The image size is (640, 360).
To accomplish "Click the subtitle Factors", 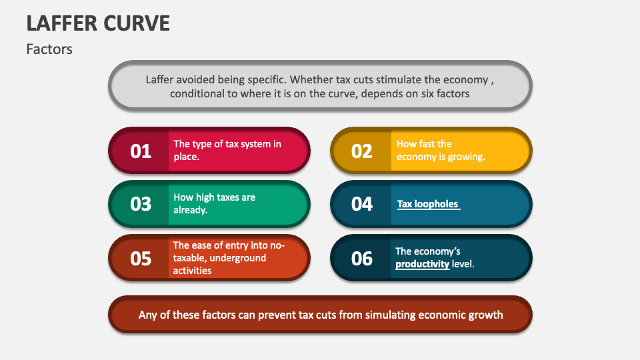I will (x=49, y=49).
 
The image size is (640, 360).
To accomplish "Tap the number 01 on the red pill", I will (x=141, y=151).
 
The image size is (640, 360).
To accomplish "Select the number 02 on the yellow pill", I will (x=362, y=151).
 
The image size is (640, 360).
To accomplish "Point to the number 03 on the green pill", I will (x=141, y=204).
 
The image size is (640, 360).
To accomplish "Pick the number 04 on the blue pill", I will (x=362, y=204).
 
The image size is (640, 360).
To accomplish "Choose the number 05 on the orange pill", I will (x=141, y=258).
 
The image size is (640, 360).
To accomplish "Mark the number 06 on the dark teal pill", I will (x=362, y=258).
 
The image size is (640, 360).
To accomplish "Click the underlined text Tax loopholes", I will (x=428, y=204).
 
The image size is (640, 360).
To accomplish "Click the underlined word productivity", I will (x=422, y=264).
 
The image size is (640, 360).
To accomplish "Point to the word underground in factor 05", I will (x=239, y=258).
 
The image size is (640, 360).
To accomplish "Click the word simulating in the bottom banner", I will (x=391, y=314).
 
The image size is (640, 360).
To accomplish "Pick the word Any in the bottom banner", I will (x=148, y=314).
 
